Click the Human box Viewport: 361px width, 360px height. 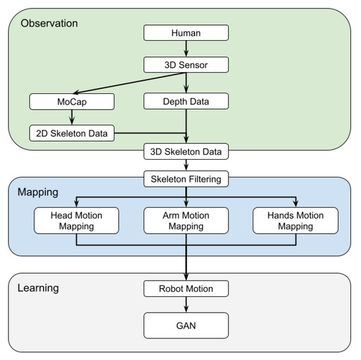(186, 32)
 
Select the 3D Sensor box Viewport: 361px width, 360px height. (186, 64)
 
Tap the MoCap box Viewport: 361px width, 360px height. (72, 102)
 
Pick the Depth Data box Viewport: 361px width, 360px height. (186, 102)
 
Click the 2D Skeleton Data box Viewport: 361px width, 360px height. (72, 133)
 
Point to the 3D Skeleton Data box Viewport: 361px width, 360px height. (186, 152)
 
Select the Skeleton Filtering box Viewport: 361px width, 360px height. (186, 178)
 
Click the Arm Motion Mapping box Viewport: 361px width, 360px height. (186, 221)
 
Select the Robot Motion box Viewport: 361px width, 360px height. (186, 288)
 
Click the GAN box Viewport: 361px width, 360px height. (186, 325)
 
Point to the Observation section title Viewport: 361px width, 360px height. (49, 24)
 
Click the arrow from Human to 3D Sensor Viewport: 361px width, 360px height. (186, 48)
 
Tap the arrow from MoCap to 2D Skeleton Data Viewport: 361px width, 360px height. (72, 118)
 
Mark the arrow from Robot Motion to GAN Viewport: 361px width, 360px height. (186, 305)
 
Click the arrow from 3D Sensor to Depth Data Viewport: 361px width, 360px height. (186, 83)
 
